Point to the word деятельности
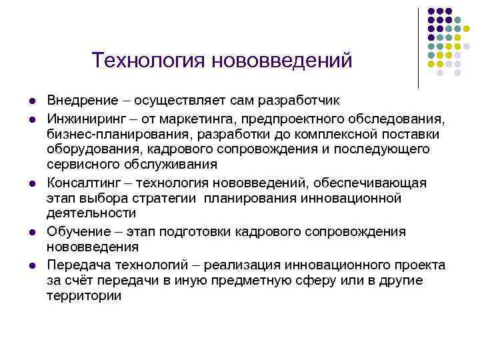coord(91,213)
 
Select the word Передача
coord(75,265)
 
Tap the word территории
coord(84,295)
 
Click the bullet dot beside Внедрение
coord(31,101)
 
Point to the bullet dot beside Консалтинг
coord(31,183)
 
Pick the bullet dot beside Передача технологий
coord(31,265)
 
